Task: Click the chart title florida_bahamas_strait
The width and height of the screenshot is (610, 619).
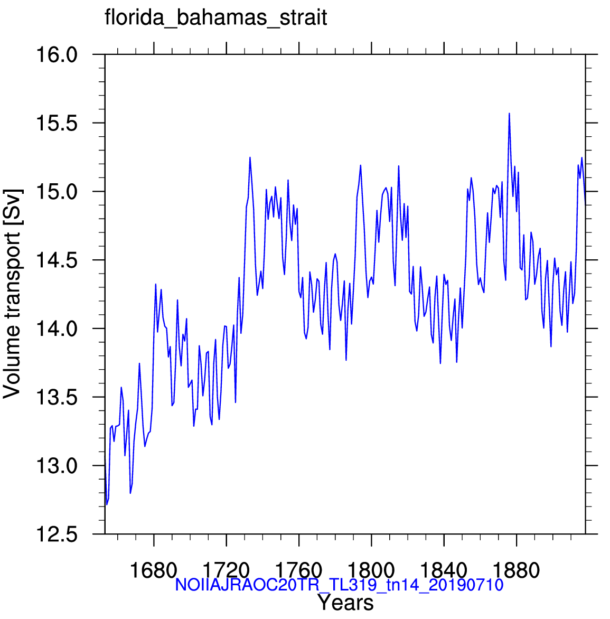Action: point(216,18)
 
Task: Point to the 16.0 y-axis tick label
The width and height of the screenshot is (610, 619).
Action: point(57,54)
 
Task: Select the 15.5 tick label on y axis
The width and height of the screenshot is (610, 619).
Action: point(57,123)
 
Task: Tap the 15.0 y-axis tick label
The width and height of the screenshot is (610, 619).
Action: point(57,192)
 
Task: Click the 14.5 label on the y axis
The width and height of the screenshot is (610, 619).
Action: point(57,260)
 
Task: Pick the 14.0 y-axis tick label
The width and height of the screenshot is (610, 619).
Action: point(57,329)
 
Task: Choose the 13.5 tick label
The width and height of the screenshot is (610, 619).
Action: point(57,397)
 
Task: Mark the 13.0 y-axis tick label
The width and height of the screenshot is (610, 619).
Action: point(57,466)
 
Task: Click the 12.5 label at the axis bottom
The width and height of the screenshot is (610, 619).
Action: point(57,534)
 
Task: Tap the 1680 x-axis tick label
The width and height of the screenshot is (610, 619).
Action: point(154,570)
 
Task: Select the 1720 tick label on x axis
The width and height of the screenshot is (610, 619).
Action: point(226,570)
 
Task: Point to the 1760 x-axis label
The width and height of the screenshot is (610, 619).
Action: point(299,570)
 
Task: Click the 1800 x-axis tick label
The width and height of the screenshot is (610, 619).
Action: point(371,570)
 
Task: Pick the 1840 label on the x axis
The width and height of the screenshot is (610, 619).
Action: point(444,570)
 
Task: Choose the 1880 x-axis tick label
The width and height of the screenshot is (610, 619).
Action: point(517,570)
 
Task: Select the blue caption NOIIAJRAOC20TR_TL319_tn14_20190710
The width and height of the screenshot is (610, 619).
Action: point(339,585)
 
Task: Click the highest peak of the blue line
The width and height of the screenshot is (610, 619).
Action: point(509,114)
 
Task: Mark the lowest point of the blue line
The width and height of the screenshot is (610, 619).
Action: point(107,504)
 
